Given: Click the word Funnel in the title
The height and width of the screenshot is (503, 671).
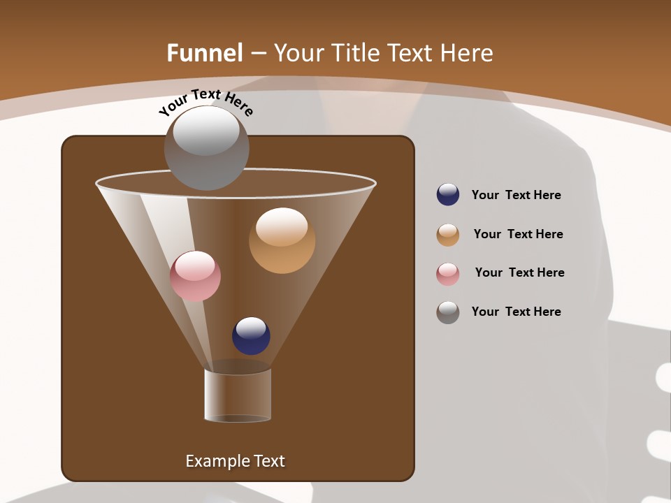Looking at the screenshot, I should [x=205, y=53].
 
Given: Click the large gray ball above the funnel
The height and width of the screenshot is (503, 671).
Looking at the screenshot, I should [x=206, y=148].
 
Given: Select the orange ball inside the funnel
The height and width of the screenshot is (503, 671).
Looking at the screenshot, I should [x=282, y=240].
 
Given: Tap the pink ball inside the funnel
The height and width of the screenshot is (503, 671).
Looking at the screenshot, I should [x=195, y=276].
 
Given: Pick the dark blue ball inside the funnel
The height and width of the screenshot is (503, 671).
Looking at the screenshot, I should [x=251, y=336].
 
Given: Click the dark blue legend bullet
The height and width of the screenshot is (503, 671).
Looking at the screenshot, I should [x=448, y=194].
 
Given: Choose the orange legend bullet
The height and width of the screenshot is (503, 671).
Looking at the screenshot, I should [x=448, y=235].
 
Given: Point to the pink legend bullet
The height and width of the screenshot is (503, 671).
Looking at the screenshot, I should [x=448, y=274].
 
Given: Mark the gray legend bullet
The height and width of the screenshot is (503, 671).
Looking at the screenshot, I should [x=448, y=312].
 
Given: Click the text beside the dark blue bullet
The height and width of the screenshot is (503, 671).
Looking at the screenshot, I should [x=516, y=195].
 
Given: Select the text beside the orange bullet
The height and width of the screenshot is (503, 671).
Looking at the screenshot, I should [x=518, y=234].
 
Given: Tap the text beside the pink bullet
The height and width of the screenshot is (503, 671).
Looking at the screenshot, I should [x=519, y=272].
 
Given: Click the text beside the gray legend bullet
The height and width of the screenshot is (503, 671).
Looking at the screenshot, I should [x=516, y=312].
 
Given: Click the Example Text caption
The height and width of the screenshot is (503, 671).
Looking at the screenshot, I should [x=235, y=461].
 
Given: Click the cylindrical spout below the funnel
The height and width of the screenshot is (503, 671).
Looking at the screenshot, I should [x=238, y=395].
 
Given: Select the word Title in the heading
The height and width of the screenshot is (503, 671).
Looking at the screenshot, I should [x=355, y=53].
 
